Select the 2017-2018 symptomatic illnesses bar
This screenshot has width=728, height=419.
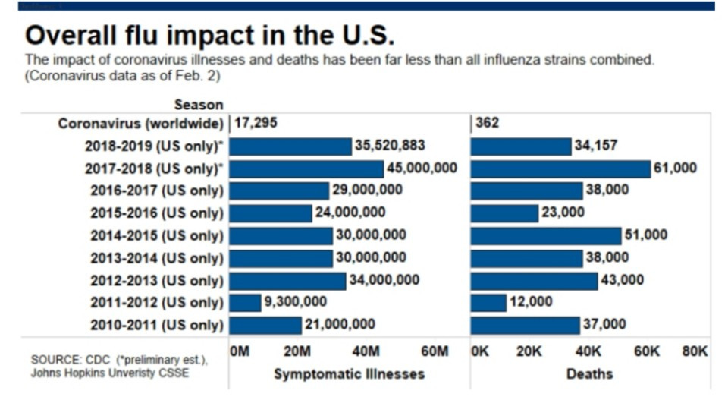pyautogui.click(x=306, y=169)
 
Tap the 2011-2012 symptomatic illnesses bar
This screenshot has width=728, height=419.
pyautogui.click(x=245, y=303)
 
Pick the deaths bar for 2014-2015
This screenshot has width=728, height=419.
pyautogui.click(x=546, y=235)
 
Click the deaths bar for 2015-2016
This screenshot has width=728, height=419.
pyautogui.click(x=504, y=213)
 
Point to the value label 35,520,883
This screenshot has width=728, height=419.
pyautogui.click(x=390, y=146)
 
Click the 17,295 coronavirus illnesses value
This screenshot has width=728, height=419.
pyautogui.click(x=256, y=123)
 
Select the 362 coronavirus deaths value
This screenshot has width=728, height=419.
pyautogui.click(x=487, y=123)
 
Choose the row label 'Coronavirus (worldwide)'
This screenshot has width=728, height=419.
pyautogui.click(x=141, y=124)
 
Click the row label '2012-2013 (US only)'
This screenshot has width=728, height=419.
pyautogui.click(x=157, y=281)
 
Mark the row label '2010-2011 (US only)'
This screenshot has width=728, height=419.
pyautogui.click(x=157, y=326)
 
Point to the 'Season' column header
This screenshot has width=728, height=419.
pyautogui.click(x=199, y=105)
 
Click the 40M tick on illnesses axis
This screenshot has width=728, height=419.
pyautogui.click(x=365, y=351)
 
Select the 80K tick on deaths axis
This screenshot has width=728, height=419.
pyautogui.click(x=695, y=351)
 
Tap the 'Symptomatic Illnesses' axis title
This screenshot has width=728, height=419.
pyautogui.click(x=349, y=373)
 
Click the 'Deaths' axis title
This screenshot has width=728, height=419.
pyautogui.click(x=589, y=373)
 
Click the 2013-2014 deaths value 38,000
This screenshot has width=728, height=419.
pyautogui.click(x=607, y=258)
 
